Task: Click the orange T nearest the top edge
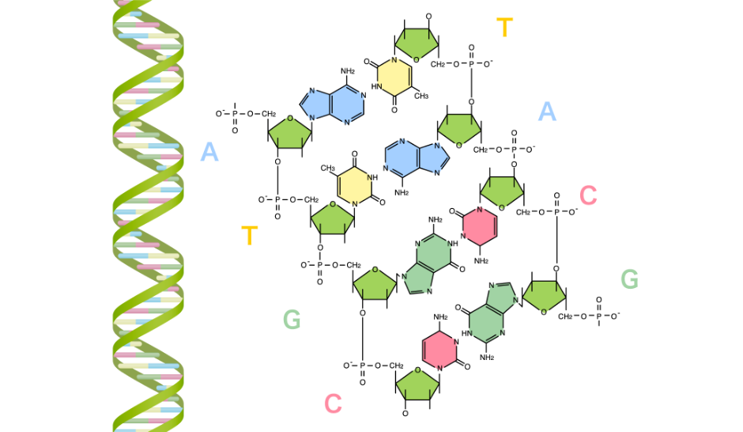point(505,28)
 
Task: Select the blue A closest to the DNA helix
point(209,152)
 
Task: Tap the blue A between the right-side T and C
point(547,112)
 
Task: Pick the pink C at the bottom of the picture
point(333,404)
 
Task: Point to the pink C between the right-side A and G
point(588,195)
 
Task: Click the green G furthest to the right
point(629,279)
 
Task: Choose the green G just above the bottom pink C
point(292,320)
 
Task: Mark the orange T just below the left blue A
point(250,236)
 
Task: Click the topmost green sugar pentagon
point(417,44)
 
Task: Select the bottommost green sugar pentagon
point(417,385)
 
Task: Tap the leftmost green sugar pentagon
point(289,133)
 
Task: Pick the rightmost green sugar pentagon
point(544,296)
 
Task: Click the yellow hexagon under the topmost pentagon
point(394,77)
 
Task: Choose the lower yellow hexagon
point(354,186)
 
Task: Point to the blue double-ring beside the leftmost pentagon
point(334,104)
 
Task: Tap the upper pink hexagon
point(480,226)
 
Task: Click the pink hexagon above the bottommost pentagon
point(439,350)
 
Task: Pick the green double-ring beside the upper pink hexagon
point(428,264)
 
